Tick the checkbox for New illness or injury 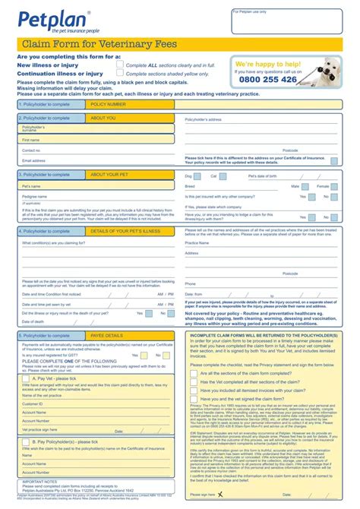click(x=120, y=65)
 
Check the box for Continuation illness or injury click(x=120, y=74)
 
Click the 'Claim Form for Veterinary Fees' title click(x=99, y=45)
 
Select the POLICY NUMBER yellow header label click(x=108, y=103)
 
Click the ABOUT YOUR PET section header click(x=109, y=174)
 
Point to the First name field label click(x=31, y=140)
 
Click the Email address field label click(x=34, y=160)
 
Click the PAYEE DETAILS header click(x=106, y=335)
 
